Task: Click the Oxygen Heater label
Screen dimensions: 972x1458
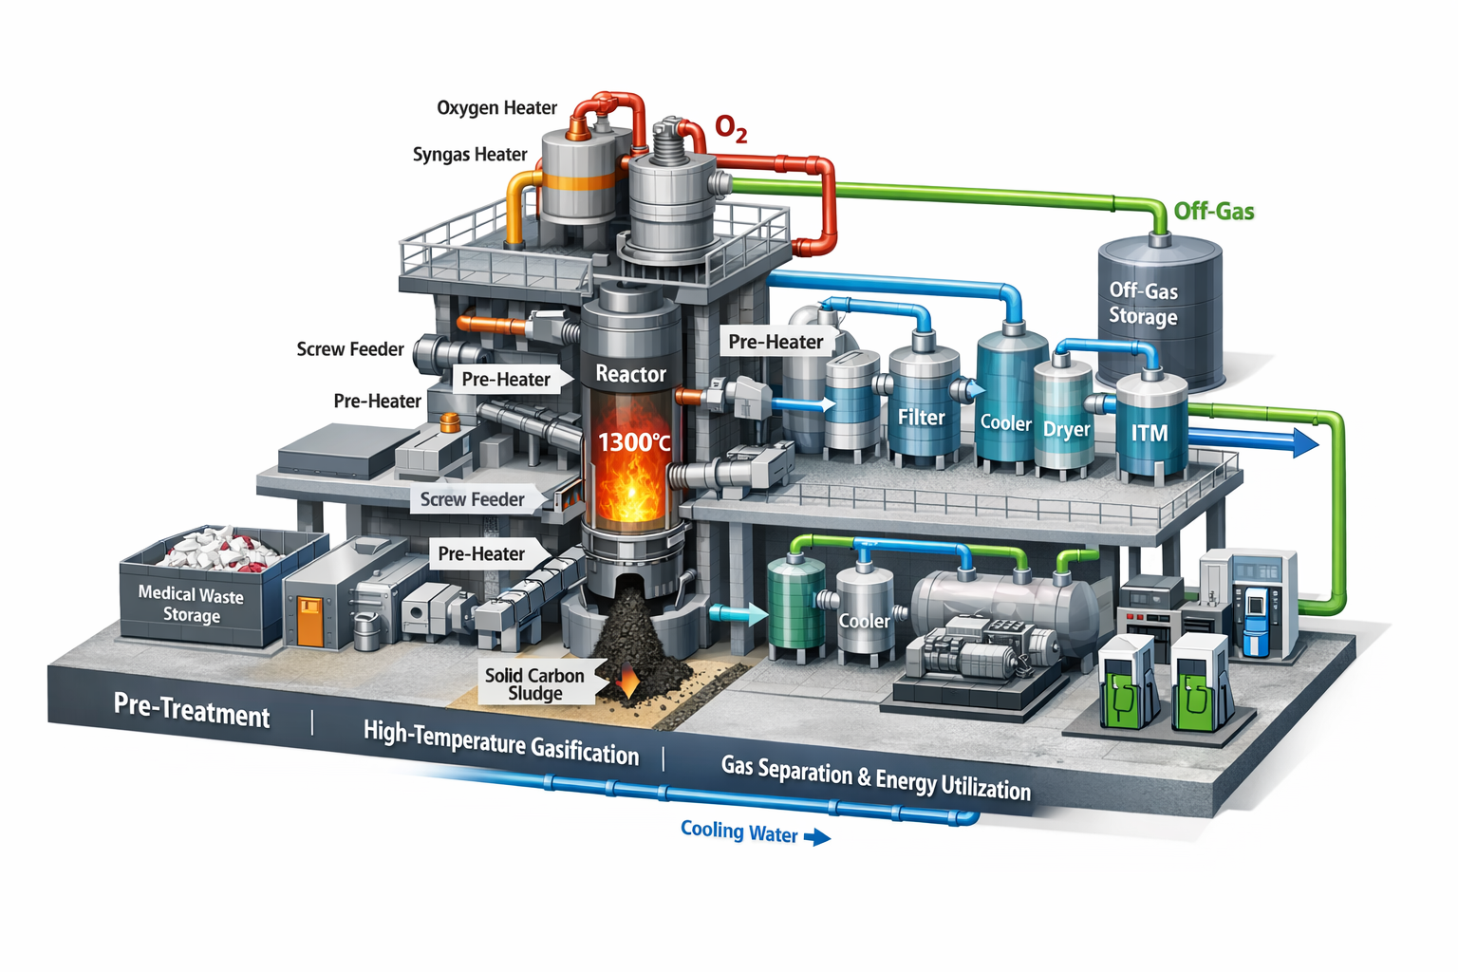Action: pos(496,108)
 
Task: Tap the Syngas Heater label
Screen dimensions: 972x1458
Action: pos(470,155)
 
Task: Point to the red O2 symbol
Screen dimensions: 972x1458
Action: pos(730,128)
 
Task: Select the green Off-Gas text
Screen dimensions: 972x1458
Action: pos(1213,211)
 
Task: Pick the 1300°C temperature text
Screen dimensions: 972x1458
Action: pos(633,442)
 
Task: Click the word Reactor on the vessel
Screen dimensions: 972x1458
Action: pos(630,374)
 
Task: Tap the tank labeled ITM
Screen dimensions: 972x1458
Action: pos(1150,427)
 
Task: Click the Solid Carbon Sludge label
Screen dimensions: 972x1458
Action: pos(534,684)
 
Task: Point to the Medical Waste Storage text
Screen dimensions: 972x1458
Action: pos(191,605)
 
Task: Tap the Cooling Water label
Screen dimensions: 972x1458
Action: pos(738,832)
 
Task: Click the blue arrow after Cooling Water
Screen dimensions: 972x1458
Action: pos(817,837)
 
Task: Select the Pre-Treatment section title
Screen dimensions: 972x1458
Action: pos(192,710)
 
